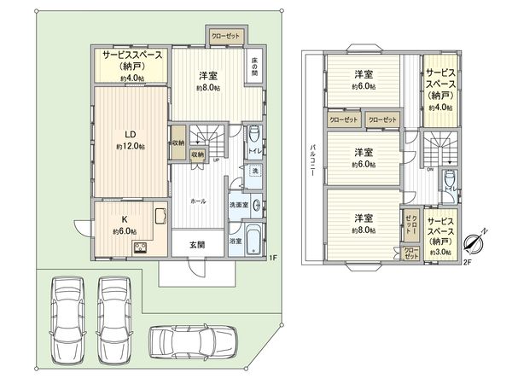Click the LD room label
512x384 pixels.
click(x=131, y=134)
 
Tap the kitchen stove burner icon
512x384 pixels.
click(x=140, y=248)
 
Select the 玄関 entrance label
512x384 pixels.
click(x=197, y=244)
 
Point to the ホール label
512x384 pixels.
click(x=197, y=201)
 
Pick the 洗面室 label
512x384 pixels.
click(x=238, y=206)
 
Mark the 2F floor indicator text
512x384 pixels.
click(x=466, y=262)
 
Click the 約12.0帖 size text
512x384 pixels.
click(x=131, y=147)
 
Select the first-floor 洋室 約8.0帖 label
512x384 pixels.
click(x=208, y=81)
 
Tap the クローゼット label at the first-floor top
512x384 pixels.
click(x=226, y=36)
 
